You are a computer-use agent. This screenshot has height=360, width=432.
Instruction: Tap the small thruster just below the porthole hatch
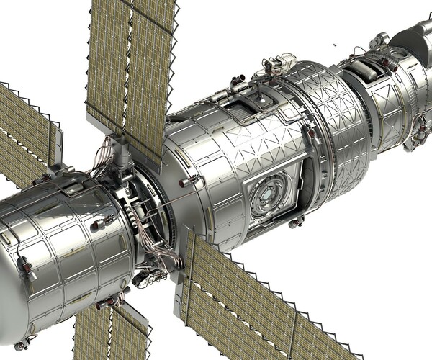[294, 223]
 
